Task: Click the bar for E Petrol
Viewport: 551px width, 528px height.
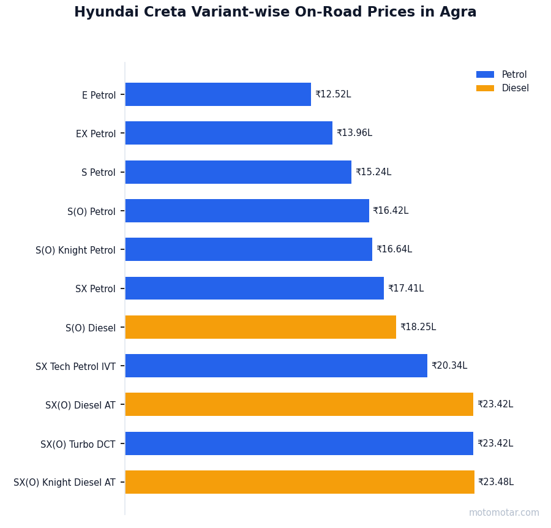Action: coord(218,94)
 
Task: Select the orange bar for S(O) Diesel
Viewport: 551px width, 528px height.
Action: coord(260,327)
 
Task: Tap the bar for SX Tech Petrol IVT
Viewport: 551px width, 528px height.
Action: coord(276,366)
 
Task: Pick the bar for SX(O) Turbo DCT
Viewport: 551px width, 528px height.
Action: coord(299,443)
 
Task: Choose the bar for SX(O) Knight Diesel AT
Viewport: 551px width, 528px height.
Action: coord(299,482)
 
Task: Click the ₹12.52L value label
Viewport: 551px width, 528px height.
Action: coord(333,94)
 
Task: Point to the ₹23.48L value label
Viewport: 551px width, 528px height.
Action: coord(496,482)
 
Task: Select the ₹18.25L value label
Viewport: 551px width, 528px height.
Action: coord(418,327)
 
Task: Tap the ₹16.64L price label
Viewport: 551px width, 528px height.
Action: coord(394,249)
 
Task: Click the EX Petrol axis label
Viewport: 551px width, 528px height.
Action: coord(96,134)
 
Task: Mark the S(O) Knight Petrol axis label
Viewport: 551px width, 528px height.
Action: coord(75,250)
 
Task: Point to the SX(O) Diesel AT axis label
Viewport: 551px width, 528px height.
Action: coord(80,405)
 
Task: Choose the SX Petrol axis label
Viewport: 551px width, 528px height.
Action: coord(95,289)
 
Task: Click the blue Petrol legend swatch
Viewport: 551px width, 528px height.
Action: coord(485,75)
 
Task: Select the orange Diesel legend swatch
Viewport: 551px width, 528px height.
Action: coord(485,88)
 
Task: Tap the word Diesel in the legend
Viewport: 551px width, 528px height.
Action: coord(515,88)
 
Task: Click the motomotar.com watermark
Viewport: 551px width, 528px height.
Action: coord(504,513)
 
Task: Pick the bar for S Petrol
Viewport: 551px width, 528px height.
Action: coord(238,172)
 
